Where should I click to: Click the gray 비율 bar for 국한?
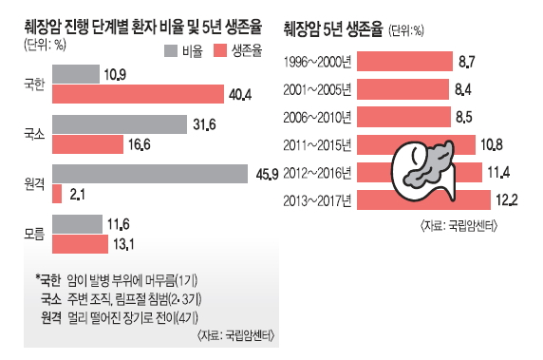point(75,74)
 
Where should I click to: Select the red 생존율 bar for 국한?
point(119,94)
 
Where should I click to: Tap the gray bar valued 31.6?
point(120,123)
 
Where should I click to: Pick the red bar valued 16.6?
point(88,144)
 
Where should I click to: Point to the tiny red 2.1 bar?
point(56,194)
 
